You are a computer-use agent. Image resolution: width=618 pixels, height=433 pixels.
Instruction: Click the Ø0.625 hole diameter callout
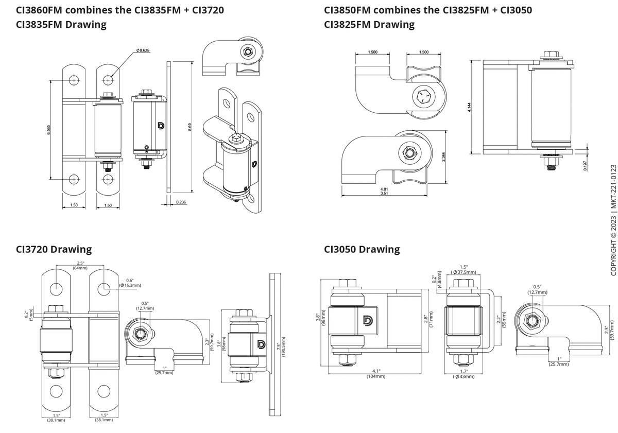(143, 50)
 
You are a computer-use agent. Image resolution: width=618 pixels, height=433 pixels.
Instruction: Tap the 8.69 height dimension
(191, 127)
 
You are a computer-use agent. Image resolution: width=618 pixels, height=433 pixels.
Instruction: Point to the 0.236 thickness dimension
(181, 202)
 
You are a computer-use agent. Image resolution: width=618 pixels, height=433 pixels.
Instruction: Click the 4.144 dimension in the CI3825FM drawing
(470, 107)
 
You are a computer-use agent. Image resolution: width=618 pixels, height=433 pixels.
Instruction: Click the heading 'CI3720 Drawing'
(54, 249)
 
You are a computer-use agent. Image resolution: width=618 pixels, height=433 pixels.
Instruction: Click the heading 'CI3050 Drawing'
(362, 249)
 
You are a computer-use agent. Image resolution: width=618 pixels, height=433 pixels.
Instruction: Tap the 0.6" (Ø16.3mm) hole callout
(130, 282)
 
